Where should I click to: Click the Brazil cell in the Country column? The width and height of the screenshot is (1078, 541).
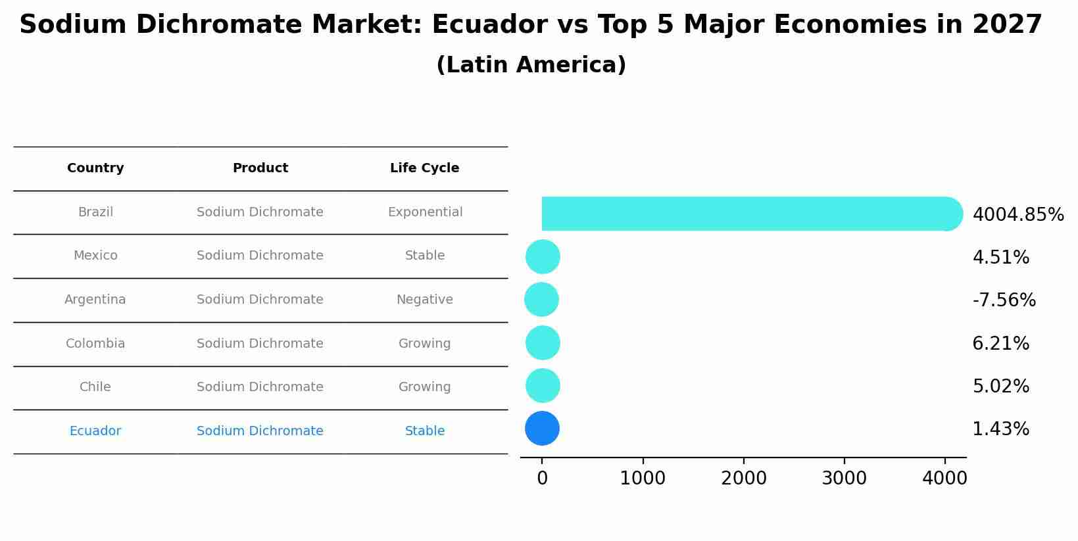click(x=95, y=212)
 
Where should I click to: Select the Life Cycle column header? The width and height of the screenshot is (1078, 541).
click(x=424, y=168)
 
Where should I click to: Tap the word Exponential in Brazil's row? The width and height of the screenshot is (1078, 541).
click(x=425, y=212)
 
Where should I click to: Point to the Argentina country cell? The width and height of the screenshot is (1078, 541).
click(x=95, y=300)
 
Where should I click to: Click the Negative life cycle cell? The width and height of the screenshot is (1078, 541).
click(x=425, y=300)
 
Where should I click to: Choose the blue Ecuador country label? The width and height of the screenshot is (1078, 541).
click(x=95, y=431)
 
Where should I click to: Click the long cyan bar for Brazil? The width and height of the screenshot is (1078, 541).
click(x=743, y=214)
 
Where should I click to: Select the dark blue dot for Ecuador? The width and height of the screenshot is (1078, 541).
click(x=542, y=429)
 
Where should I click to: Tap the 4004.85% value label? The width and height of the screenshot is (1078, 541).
click(x=1017, y=215)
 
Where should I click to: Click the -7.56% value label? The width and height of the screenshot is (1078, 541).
click(x=1004, y=300)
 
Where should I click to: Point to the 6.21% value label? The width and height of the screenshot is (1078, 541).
click(x=1000, y=344)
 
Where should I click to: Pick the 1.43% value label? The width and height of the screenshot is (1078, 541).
click(x=1000, y=429)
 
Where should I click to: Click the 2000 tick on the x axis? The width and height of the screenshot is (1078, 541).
click(x=743, y=479)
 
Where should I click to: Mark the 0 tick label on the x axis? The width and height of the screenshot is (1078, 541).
click(x=542, y=479)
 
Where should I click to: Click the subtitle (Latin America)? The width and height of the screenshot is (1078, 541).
click(x=531, y=65)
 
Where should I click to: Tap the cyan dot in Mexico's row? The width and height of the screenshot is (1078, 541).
click(x=543, y=256)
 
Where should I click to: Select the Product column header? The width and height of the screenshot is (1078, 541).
click(x=260, y=168)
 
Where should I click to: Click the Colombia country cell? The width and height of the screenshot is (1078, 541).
click(x=95, y=344)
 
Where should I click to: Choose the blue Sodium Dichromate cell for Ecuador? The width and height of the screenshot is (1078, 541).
click(x=260, y=431)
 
